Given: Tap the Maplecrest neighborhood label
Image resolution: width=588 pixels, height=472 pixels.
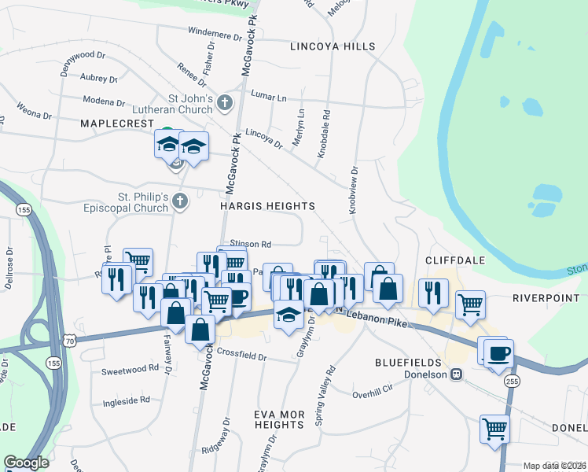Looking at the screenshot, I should click(x=114, y=124).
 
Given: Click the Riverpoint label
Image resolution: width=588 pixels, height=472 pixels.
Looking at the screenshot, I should click(x=546, y=298).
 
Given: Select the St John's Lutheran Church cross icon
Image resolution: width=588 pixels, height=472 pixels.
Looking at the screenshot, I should click(x=225, y=102).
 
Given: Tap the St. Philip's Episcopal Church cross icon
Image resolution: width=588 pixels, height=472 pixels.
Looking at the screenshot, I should click(x=180, y=201).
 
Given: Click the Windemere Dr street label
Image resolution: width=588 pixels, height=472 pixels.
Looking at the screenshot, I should click(x=214, y=35).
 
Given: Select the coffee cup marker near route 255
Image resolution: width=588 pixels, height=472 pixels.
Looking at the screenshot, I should click(x=498, y=352).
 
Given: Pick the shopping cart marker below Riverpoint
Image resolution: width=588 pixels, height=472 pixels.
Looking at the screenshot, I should click(x=470, y=303).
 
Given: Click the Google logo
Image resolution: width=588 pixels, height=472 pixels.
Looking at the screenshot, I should click(x=26, y=463).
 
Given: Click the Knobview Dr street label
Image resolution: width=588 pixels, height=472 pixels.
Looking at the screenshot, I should click(x=353, y=190).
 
